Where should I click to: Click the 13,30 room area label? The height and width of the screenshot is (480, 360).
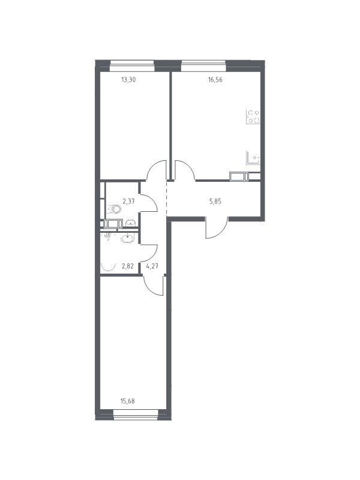(128, 80)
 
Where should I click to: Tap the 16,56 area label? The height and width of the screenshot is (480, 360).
(215, 80)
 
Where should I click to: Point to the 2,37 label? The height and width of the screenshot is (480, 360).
(128, 201)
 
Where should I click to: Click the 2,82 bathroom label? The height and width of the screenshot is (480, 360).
(127, 266)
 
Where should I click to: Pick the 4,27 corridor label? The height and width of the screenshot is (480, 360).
(152, 266)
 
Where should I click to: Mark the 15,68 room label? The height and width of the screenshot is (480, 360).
(128, 401)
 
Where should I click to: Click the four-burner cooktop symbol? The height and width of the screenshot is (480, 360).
(253, 116)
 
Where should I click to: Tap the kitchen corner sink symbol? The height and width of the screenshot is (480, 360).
(253, 157)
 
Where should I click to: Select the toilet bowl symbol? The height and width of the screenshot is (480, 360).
(114, 209)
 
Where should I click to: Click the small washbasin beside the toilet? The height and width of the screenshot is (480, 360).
(131, 223)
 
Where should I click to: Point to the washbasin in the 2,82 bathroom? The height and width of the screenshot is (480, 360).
(127, 238)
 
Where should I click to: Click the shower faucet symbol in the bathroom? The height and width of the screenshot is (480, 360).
(107, 236)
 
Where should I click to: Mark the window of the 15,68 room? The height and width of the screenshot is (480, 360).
(136, 415)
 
